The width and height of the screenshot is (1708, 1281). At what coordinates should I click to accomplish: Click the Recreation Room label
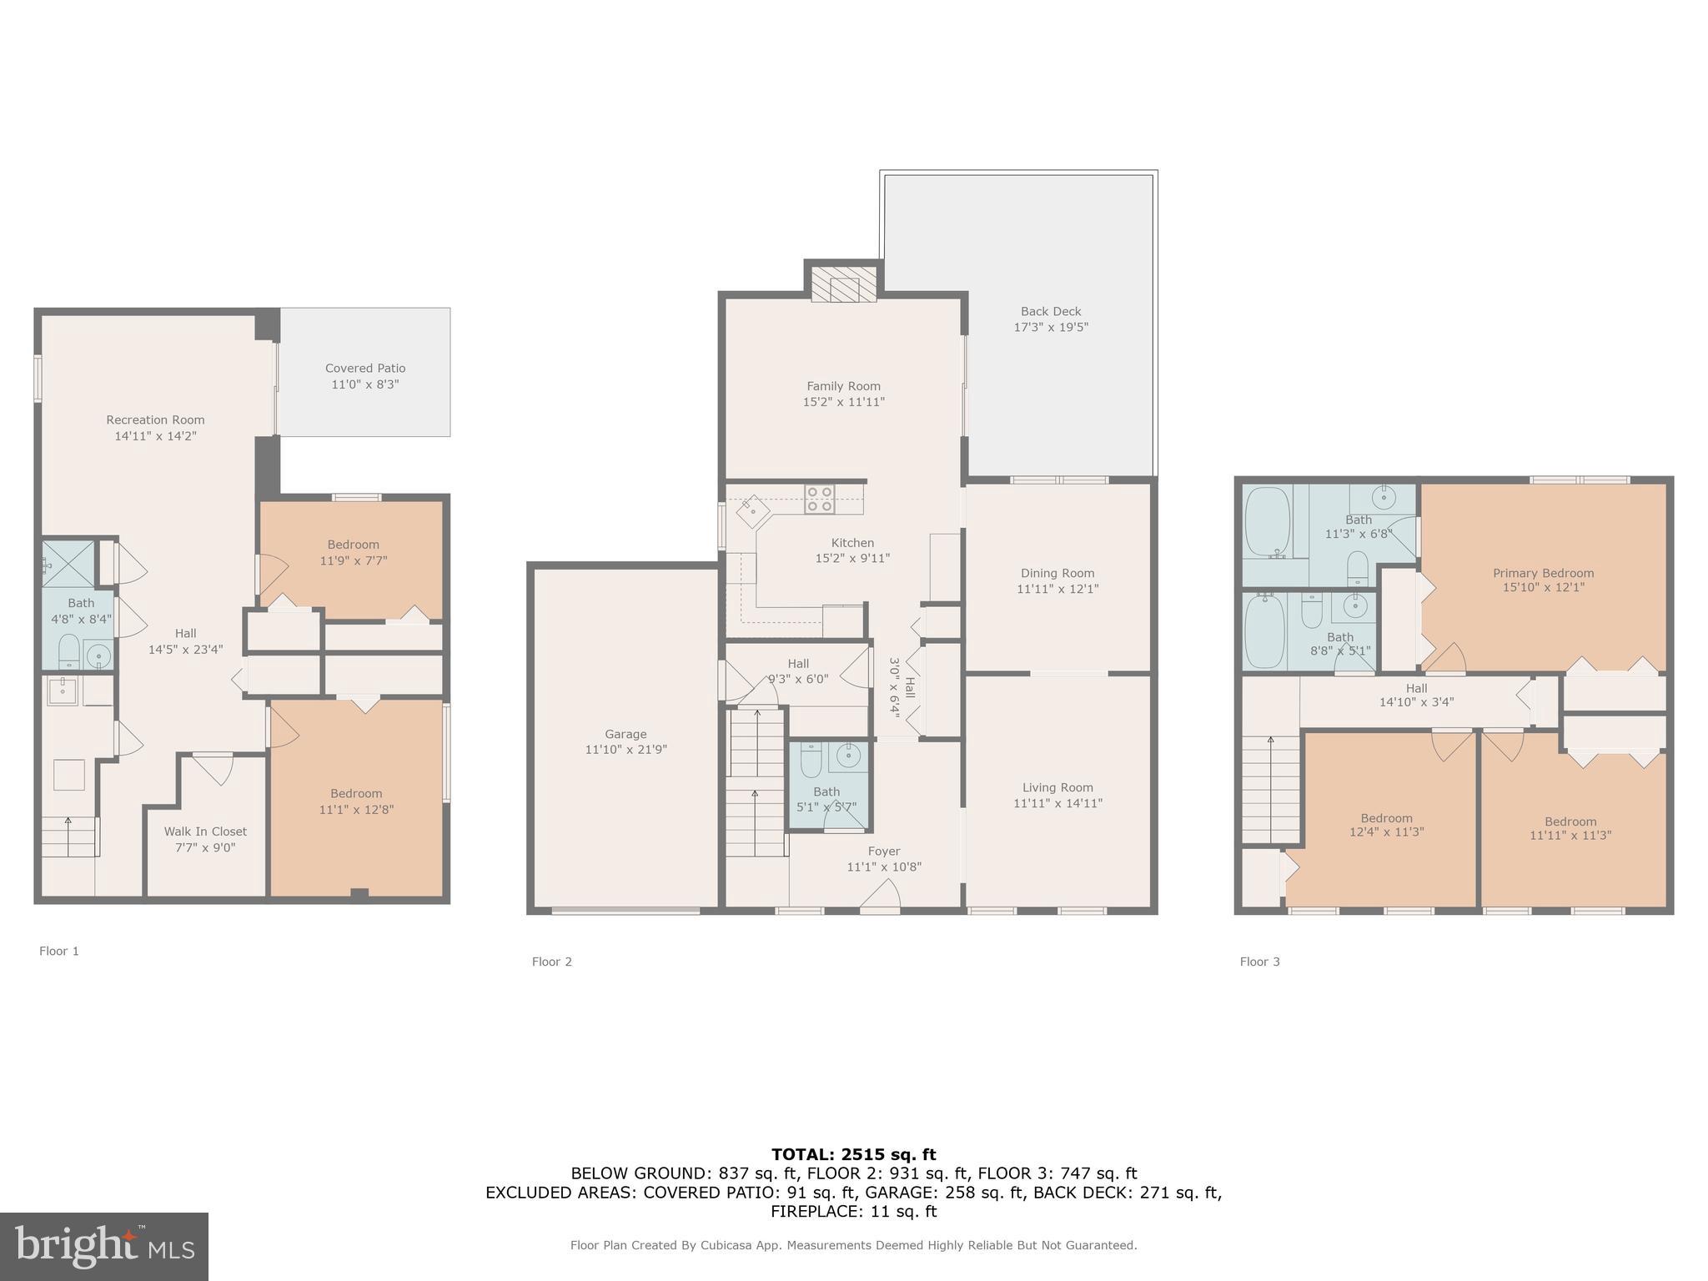tap(155, 419)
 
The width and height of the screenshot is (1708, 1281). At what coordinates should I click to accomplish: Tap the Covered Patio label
tap(365, 368)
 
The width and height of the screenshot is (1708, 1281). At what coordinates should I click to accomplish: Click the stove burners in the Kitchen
tap(819, 499)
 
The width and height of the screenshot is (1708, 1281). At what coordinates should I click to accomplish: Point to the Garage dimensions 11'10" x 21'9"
tap(625, 750)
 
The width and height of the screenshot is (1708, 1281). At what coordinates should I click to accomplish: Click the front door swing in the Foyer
tap(880, 897)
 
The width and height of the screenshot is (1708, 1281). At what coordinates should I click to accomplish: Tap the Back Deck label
tap(1050, 311)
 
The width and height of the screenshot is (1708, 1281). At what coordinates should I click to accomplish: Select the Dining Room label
tap(1057, 573)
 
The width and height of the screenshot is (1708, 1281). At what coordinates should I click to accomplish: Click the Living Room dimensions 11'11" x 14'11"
tap(1057, 803)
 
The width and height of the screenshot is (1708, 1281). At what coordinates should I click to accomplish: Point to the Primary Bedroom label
tap(1543, 573)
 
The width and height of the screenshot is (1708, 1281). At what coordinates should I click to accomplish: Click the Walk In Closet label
tap(205, 831)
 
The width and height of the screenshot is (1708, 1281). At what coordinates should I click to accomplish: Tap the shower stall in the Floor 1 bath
tap(70, 563)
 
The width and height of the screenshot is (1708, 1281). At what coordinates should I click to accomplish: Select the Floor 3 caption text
tap(1259, 962)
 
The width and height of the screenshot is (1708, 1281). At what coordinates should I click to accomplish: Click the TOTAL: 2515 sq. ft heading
tap(853, 1154)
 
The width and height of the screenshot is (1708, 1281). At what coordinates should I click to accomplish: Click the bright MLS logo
tap(103, 1246)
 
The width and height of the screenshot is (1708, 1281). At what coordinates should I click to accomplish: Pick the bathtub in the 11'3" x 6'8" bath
tap(1266, 523)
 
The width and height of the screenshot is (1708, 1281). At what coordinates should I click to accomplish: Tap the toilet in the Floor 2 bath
tap(811, 761)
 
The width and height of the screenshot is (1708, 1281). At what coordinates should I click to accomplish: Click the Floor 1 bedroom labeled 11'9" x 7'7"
tap(353, 553)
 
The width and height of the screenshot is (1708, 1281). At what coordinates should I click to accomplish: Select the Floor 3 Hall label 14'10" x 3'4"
tap(1416, 695)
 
